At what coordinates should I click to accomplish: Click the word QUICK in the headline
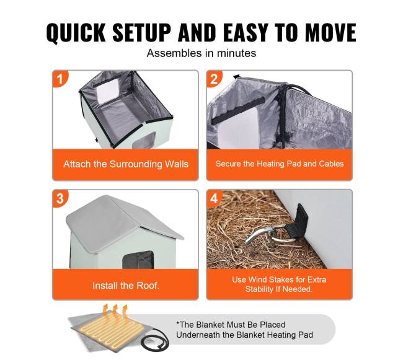pos(76,33)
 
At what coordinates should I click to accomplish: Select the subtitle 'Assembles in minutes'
pos(201,53)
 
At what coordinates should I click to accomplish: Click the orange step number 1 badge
pos(60,79)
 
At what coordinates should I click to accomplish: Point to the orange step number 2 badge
pos(214,79)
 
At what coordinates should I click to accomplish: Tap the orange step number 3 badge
pos(60,198)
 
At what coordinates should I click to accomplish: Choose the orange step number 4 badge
pos(214,198)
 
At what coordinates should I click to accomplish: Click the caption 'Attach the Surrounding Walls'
pos(126,164)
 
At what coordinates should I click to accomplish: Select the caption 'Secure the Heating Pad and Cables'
pos(280,164)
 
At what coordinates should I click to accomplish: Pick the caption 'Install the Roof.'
pos(126,286)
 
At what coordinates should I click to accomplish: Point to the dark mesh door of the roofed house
pos(138,260)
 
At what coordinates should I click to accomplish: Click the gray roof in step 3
pos(121,218)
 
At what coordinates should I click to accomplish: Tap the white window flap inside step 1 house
pos(108,91)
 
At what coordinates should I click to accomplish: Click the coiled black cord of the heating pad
pos(155,340)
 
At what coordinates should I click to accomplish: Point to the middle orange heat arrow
pos(115,312)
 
